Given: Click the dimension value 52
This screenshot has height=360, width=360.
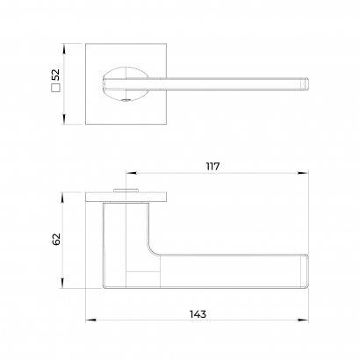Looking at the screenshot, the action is [x=55, y=75].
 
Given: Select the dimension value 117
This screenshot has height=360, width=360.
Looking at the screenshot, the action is [x=212, y=167].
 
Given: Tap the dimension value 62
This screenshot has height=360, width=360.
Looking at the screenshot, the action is [x=56, y=239].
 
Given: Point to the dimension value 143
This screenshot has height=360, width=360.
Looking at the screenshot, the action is [x=198, y=314].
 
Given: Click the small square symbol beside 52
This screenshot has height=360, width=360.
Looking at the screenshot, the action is [x=55, y=88].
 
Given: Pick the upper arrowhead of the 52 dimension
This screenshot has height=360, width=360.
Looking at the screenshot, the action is [x=64, y=48].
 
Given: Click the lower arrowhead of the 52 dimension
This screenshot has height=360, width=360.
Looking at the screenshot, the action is [x=64, y=119].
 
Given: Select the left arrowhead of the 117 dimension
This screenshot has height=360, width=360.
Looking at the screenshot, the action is [x=131, y=173].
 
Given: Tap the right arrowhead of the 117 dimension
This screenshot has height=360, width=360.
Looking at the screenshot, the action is [x=303, y=173].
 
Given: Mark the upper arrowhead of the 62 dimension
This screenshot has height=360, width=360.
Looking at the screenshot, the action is [x=62, y=198].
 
